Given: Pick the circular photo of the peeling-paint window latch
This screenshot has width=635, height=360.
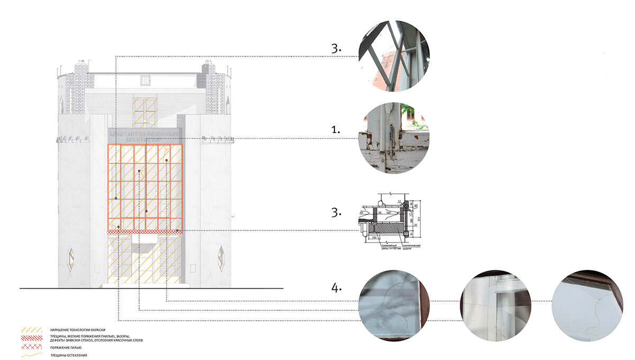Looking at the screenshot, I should click(394, 138).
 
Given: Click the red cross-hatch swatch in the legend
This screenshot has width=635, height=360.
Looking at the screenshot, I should click(32, 347).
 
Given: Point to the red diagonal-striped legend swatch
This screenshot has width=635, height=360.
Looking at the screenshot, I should click(32, 338).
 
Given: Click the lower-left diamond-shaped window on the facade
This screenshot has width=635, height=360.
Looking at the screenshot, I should click(70, 258).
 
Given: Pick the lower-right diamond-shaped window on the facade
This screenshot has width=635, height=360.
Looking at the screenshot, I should click(221, 258).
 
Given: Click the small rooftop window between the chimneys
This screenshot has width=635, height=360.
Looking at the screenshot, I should click(146, 80).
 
